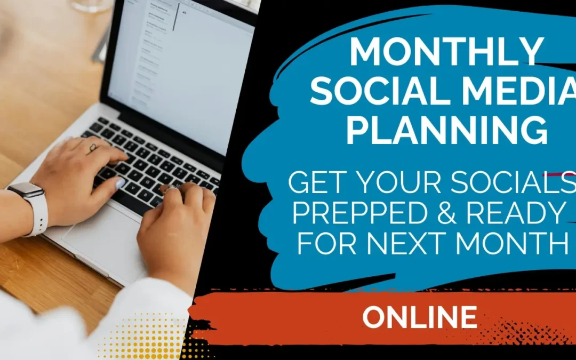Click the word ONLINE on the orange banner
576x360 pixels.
420,317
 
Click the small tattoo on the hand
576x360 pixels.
93,148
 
